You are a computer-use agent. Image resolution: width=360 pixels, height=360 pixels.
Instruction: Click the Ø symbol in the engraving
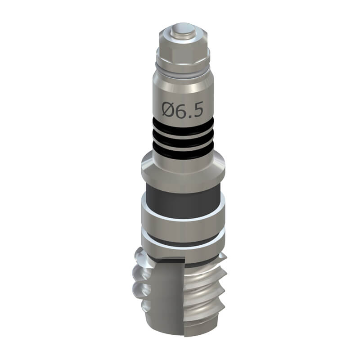pos(167,109)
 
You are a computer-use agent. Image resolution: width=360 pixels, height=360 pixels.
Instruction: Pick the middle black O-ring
pos(183,138)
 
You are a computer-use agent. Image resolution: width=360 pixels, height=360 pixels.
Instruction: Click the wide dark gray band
pos(183,202)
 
